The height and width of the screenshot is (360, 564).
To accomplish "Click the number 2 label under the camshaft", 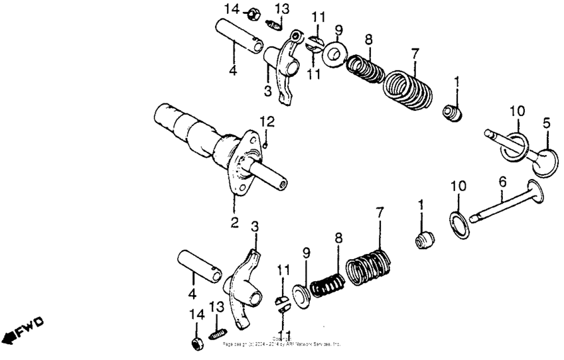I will [x=234, y=223].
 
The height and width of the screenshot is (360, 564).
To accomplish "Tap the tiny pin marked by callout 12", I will [x=265, y=144].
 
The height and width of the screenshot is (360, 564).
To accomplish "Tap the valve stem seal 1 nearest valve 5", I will [x=453, y=113].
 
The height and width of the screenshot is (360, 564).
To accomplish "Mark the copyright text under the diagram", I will [x=282, y=342].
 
